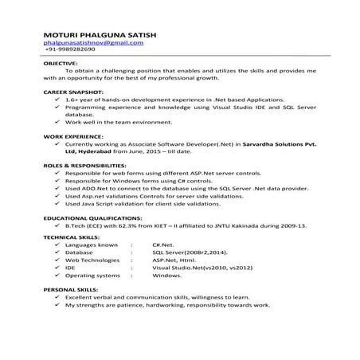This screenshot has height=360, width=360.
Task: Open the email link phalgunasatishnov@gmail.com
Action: [94, 42]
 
